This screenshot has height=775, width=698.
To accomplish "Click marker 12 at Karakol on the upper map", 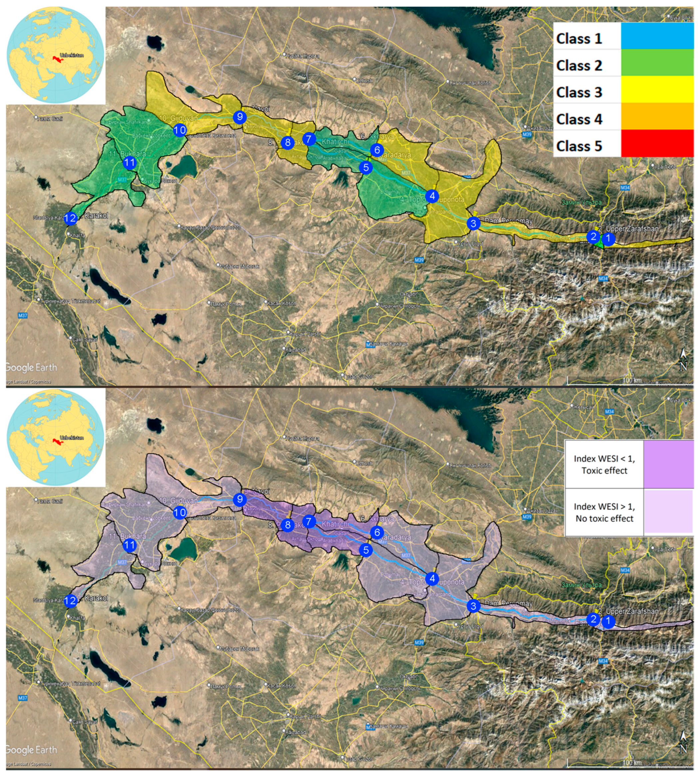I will [x=70, y=219].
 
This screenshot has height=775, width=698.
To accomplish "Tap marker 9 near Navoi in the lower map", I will [x=240, y=499].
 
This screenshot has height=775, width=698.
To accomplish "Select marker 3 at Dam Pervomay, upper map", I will [x=473, y=223].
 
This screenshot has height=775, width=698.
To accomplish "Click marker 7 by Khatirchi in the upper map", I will [x=309, y=139].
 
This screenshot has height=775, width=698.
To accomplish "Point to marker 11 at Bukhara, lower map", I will [x=130, y=545].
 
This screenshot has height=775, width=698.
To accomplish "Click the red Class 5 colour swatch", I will [x=657, y=144].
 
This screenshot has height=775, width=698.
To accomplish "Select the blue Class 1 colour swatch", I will [x=657, y=36].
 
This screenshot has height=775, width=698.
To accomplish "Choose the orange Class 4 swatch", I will [x=657, y=116].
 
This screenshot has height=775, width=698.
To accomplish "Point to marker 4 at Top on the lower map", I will [x=432, y=578].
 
